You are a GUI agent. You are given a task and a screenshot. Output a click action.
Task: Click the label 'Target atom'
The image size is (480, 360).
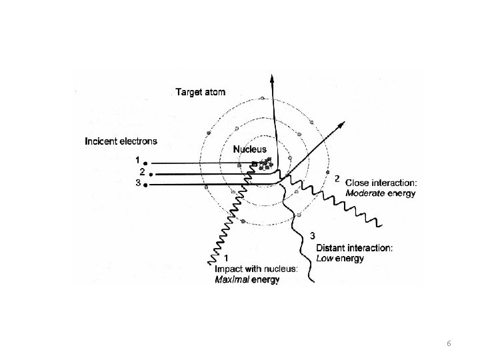point(202,91)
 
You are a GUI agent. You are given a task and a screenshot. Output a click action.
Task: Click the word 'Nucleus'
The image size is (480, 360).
point(249,149)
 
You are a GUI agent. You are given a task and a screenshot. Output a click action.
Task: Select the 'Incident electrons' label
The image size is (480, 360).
point(121,141)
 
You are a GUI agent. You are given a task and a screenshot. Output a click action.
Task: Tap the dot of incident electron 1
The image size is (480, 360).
point(145,162)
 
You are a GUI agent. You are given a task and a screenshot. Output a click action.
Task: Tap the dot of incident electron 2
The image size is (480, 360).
point(152,173)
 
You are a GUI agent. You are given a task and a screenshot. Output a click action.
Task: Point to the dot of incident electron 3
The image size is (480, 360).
point(145,184)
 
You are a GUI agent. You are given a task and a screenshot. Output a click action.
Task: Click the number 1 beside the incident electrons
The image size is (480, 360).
point(137,161)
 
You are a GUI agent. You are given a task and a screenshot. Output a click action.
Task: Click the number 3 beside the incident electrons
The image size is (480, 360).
point(137,183)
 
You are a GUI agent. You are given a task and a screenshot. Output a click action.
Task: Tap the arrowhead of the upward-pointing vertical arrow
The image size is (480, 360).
point(272,77)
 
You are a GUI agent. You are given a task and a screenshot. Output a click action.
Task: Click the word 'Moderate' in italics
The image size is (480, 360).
point(365,194)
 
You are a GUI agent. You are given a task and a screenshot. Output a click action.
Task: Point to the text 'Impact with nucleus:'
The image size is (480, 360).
point(257,270)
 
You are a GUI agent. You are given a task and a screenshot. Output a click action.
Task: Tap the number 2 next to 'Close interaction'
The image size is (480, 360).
point(337,178)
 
